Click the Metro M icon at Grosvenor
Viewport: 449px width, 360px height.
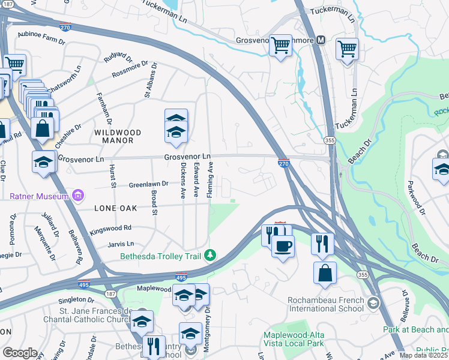(x=321, y=40)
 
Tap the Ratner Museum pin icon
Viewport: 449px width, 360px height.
(x=77, y=195)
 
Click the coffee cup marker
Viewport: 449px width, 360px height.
(x=283, y=245)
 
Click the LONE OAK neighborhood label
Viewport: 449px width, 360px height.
(x=115, y=208)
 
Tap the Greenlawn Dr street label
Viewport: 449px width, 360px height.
(x=148, y=185)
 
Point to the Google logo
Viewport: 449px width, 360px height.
(x=20, y=353)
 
